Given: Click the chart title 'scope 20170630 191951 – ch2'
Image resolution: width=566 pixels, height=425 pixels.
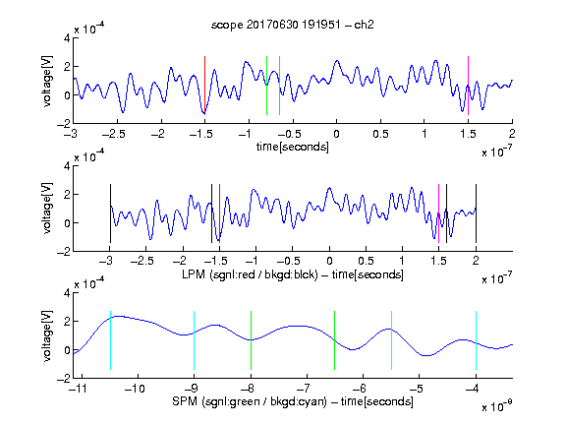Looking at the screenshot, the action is click(x=293, y=25).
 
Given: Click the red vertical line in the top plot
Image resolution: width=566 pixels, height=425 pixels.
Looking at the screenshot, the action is click(x=204, y=86).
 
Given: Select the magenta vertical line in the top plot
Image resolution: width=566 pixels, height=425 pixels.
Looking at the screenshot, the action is click(x=468, y=86).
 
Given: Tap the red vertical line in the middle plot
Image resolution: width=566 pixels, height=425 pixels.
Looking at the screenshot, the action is click(x=219, y=213).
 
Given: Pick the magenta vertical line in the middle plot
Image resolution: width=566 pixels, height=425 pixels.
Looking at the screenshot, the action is click(x=438, y=213).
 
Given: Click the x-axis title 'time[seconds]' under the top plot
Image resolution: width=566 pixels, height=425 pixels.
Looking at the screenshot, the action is click(x=293, y=147).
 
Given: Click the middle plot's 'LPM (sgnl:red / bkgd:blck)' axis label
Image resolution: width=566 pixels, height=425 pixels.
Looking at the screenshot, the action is click(x=250, y=274).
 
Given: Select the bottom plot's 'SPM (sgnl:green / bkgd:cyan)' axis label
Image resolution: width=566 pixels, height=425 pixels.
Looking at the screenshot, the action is click(x=250, y=401).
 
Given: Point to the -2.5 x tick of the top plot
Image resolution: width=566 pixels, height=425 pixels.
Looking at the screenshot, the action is click(x=114, y=134).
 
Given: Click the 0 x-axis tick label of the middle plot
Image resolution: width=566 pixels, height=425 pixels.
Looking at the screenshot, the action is click(x=329, y=261).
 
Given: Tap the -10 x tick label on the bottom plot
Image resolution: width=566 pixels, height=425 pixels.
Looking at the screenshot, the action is click(x=135, y=389).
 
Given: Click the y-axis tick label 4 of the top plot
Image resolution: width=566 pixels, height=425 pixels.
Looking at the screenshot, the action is click(x=67, y=38).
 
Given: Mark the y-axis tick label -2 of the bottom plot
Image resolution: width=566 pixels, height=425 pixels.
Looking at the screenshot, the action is click(x=64, y=379).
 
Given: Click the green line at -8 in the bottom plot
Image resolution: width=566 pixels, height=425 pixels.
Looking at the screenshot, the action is click(x=251, y=340).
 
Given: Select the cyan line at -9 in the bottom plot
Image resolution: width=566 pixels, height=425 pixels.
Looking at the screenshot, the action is click(x=194, y=340).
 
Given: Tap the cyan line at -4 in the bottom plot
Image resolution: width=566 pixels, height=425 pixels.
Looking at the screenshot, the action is click(x=476, y=340).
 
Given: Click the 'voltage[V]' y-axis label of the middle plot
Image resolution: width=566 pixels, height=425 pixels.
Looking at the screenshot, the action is click(x=47, y=209).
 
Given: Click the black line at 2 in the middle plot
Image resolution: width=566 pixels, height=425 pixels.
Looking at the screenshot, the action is click(x=476, y=213).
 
